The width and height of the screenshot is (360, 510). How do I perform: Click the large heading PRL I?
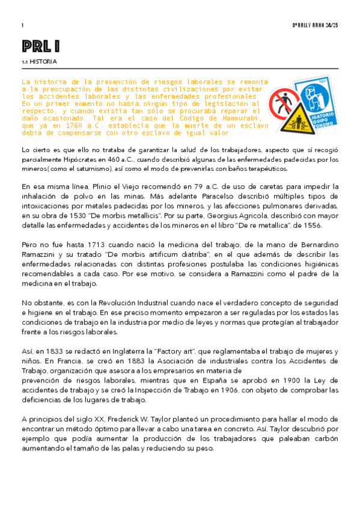click(41, 46)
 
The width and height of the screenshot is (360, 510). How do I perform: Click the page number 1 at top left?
click(22, 25)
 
